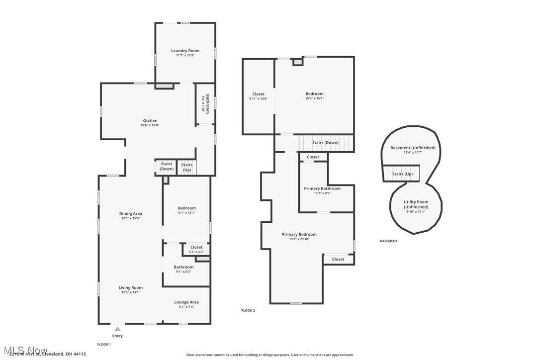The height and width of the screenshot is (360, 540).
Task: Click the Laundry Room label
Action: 185,51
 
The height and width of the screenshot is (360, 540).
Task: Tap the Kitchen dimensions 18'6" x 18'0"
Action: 150,125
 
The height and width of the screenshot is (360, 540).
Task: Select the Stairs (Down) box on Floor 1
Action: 167,167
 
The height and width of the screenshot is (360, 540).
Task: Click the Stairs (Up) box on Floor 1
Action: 187,168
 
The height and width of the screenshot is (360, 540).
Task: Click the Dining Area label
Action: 130,214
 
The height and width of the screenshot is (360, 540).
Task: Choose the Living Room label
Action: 130,287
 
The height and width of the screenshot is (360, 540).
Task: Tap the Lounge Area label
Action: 186,302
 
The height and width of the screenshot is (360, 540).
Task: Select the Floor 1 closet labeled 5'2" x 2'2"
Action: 196,249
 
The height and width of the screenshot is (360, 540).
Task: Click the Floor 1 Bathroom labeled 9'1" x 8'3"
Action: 183,269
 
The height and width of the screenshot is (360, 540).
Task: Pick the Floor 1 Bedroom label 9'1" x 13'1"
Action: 186,208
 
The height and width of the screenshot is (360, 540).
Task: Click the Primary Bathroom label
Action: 322,188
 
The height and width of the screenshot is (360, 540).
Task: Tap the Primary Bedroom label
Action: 299,234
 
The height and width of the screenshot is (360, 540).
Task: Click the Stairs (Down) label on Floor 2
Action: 325,143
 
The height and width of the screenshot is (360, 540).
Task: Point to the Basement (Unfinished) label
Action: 413,148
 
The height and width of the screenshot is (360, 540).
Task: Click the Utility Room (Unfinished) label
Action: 415,204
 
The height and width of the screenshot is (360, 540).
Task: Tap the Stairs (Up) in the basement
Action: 402,174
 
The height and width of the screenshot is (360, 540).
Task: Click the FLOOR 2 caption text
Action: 248,310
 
